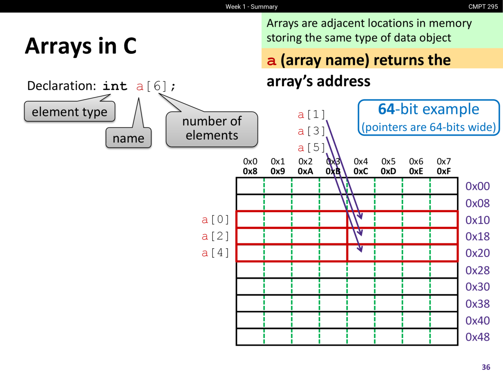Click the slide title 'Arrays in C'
point(81,46)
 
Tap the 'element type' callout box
point(70,112)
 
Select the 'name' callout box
point(129,137)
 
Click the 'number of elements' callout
point(212,129)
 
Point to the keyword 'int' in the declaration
point(115,86)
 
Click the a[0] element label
point(215,220)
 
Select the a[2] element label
point(215,236)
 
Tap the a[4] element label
point(215,253)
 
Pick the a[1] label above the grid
point(311,114)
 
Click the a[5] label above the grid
point(311,148)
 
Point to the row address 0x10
point(477,220)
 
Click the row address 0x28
point(477,270)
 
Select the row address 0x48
point(477,337)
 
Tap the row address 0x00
point(477,186)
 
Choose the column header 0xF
point(444,171)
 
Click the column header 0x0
point(250,161)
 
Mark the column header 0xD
point(388,171)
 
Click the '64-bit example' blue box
point(428,117)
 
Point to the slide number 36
point(486,367)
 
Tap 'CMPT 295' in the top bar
point(483,6)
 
